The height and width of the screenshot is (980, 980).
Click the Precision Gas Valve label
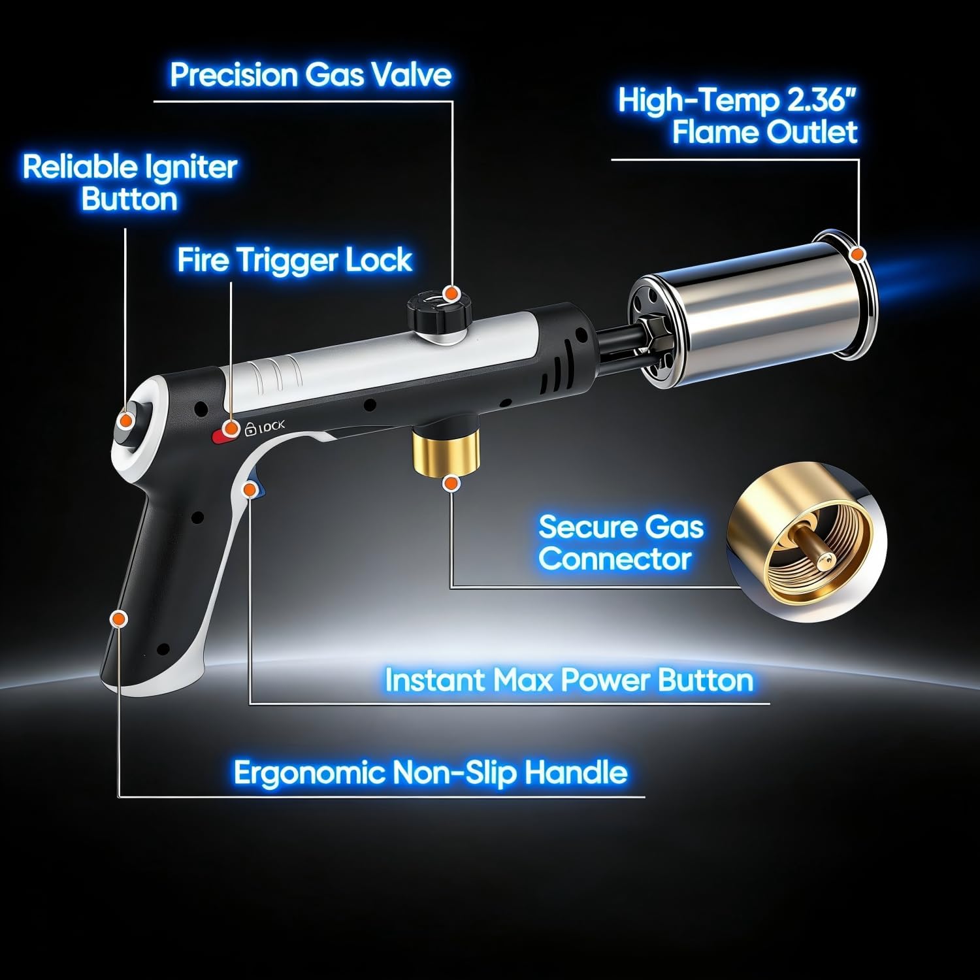310,74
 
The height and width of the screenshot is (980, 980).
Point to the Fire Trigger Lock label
295,260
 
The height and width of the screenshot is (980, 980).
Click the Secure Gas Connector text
620,543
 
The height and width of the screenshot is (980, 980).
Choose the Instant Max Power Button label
568,680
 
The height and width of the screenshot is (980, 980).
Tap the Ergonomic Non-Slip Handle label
430,773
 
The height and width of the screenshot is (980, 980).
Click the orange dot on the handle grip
118,619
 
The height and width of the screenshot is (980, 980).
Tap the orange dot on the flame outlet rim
858,253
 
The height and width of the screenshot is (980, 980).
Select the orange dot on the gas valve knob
449,293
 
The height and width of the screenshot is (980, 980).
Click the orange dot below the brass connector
450,483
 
